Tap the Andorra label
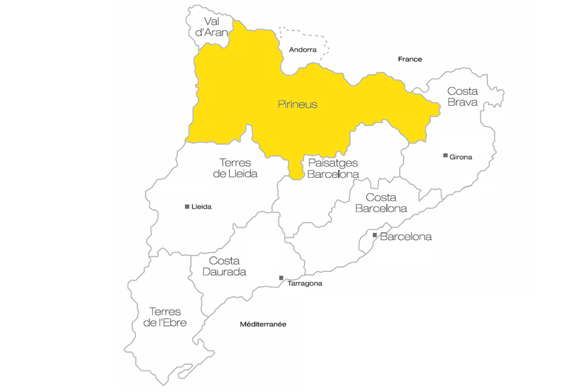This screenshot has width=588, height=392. (x=303, y=50)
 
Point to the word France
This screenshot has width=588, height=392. (x=410, y=59)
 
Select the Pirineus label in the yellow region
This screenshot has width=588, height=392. (x=297, y=104)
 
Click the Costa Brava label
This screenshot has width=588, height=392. (x=462, y=96)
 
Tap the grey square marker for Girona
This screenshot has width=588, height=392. (x=445, y=155)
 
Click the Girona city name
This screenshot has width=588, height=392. (x=461, y=157)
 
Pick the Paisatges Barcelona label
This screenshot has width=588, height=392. (x=333, y=169)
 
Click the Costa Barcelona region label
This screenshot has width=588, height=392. (x=381, y=203)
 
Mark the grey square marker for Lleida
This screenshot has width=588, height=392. (x=187, y=206)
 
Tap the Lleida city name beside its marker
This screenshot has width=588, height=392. (x=201, y=207)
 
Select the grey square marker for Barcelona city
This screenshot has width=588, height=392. (x=375, y=235)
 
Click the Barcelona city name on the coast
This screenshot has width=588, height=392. (x=406, y=237)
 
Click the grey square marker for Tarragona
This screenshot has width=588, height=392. (x=281, y=278)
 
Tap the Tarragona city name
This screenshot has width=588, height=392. (x=304, y=284)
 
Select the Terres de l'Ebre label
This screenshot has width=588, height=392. (x=164, y=317)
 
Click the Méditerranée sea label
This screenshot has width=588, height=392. (x=263, y=324)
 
